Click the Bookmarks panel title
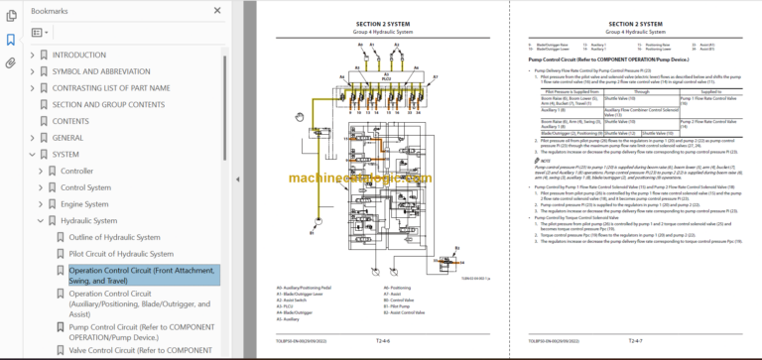click(x=50, y=11)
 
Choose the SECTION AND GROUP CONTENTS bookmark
click(x=108, y=104)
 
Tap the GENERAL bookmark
click(x=67, y=138)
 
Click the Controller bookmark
click(x=76, y=171)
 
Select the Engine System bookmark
click(x=84, y=204)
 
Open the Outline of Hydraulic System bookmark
click(x=114, y=237)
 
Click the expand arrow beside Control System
click(x=41, y=187)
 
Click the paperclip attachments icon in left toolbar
click(x=11, y=62)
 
